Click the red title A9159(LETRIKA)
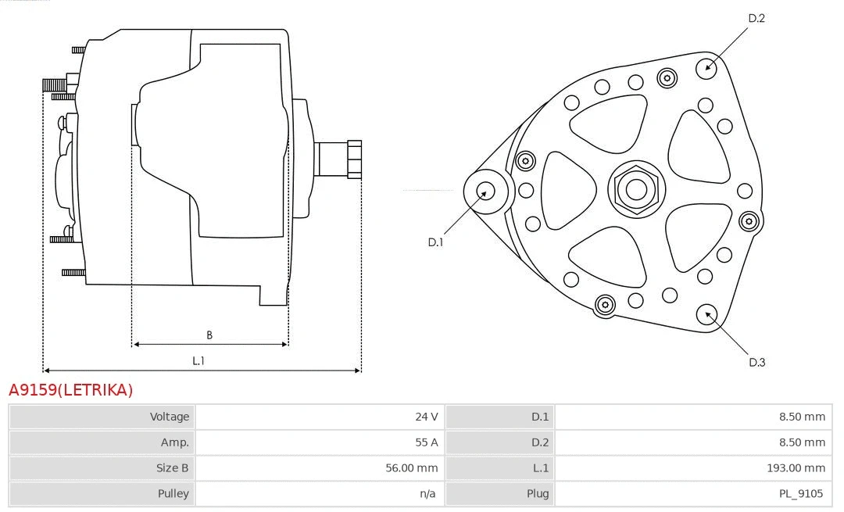pyautogui.click(x=71, y=389)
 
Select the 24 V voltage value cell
pyautogui.click(x=426, y=417)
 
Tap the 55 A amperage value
pyautogui.click(x=426, y=442)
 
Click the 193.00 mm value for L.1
pyautogui.click(x=796, y=468)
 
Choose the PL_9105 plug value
pyautogui.click(x=800, y=493)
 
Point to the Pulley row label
pyautogui.click(x=173, y=493)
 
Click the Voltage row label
pyautogui.click(x=170, y=417)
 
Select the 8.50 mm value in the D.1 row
pyautogui.click(x=802, y=417)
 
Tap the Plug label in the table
pyautogui.click(x=537, y=493)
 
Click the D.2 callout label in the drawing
pyautogui.click(x=756, y=18)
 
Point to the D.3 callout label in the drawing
pyautogui.click(x=756, y=362)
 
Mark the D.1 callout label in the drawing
pyautogui.click(x=435, y=242)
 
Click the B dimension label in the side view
pyautogui.click(x=209, y=335)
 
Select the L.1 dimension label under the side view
pyautogui.click(x=198, y=360)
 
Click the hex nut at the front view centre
pyautogui.click(x=635, y=189)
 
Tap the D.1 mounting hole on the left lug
pyautogui.click(x=485, y=191)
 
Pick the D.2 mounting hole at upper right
pyautogui.click(x=708, y=66)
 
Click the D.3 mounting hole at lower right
pyautogui.click(x=708, y=314)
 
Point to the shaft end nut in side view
pyautogui.click(x=353, y=159)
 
